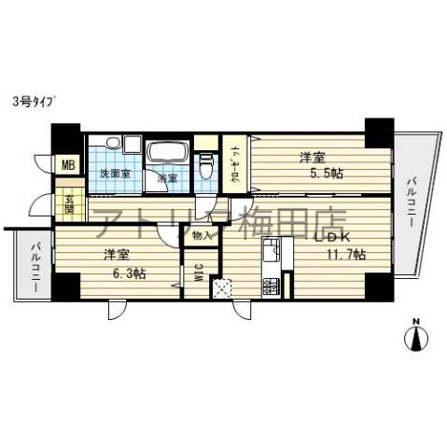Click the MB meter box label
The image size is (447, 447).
tap(66, 166)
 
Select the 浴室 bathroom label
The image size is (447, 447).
tap(167, 176)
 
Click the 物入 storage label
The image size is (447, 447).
tap(201, 236)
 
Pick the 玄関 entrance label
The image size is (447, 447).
tap(68, 201)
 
